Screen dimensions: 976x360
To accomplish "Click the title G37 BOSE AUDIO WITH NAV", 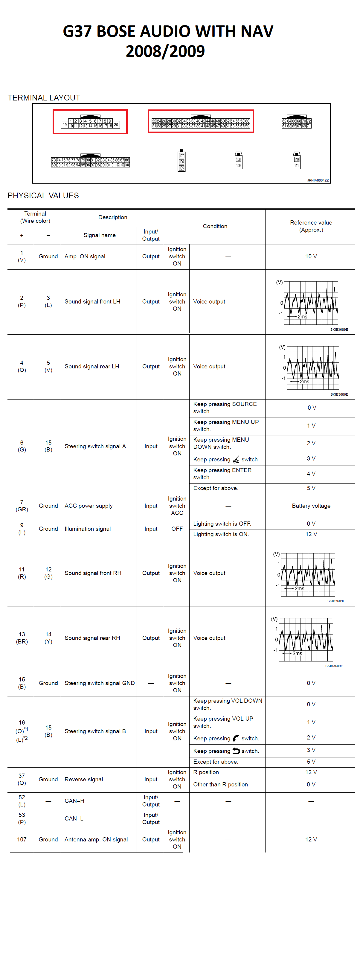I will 168,31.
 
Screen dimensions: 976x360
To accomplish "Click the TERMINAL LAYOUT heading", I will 44,98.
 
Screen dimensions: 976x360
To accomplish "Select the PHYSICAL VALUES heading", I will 43,196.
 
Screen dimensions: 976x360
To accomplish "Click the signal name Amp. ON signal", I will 85,257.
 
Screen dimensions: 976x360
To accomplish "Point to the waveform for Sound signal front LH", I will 311,302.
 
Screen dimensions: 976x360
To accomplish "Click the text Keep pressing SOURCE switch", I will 225,408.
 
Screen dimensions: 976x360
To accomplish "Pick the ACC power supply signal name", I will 88,506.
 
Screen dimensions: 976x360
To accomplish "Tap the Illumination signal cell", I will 88,529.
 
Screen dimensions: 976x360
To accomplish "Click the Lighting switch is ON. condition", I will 221,534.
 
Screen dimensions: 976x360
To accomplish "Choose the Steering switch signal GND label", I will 99,683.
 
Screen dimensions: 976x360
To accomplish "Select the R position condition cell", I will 206,772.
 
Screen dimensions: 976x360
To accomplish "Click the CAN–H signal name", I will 74,801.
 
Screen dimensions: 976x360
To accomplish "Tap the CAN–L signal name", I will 74,818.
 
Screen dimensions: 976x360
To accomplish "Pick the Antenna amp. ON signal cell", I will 96,840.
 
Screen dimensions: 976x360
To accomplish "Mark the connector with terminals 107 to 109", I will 181,161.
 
